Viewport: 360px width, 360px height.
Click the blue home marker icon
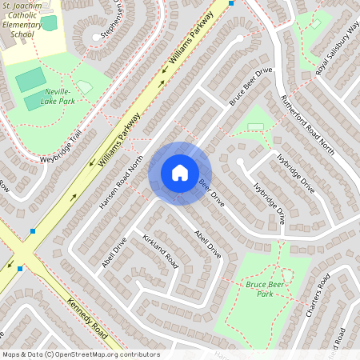point(180,172)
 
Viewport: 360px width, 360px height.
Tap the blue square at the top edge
point(231,3)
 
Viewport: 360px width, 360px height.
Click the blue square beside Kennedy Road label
point(33,231)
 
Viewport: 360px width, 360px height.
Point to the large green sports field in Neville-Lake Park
point(30,79)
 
